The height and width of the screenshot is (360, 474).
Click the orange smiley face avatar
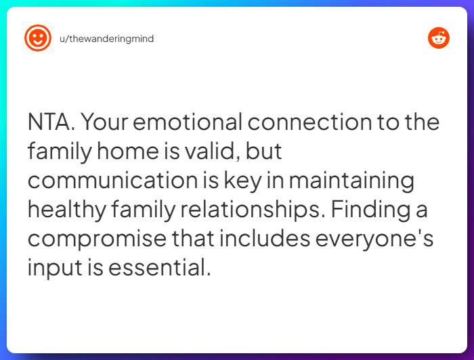(x=38, y=38)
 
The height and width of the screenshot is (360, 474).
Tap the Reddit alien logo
(x=439, y=38)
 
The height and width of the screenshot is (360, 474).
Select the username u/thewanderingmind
(x=107, y=39)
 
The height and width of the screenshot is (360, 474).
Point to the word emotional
(x=188, y=122)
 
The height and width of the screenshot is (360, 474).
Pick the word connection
(x=309, y=122)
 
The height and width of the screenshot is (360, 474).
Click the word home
(x=127, y=151)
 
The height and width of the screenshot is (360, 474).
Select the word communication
(x=113, y=180)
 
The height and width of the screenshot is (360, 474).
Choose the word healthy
(x=67, y=210)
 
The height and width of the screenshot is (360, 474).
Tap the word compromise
(x=97, y=240)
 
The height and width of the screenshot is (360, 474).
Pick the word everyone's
(x=374, y=240)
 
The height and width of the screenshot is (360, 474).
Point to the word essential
(x=159, y=267)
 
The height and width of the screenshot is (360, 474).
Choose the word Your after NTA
(x=104, y=122)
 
